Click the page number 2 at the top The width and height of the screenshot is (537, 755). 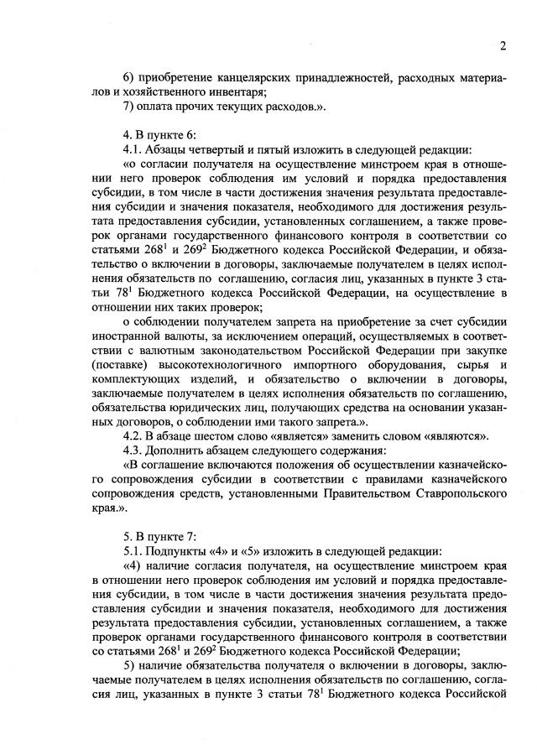pyautogui.click(x=502, y=45)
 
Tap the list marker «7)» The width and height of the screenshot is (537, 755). pyautogui.click(x=129, y=107)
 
